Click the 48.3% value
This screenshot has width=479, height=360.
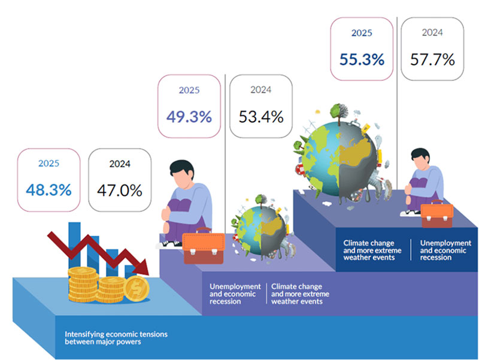coord(48,190)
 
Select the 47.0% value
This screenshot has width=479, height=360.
coord(120,190)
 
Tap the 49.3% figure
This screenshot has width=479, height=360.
coord(189,116)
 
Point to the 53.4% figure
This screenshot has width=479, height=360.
coord(260,116)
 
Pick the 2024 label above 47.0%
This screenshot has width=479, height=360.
coord(120,164)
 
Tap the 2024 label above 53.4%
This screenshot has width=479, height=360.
coord(260,90)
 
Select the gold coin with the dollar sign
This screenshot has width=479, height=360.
coord(138,289)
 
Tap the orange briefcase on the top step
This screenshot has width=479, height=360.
coord(437,214)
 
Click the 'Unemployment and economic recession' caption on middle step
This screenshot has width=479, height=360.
coord(235,294)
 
